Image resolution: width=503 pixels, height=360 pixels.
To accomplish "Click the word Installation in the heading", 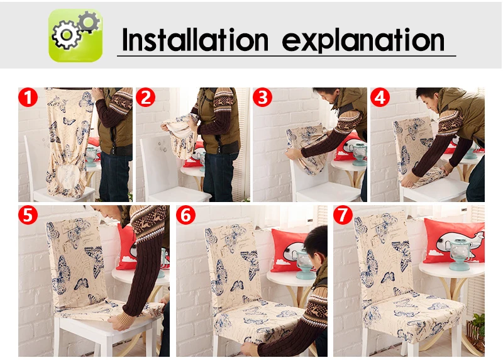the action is pyautogui.click(x=195, y=40).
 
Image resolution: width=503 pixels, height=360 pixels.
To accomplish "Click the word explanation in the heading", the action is pyautogui.click(x=363, y=40).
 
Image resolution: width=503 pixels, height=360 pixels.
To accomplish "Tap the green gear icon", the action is pyautogui.click(x=75, y=35).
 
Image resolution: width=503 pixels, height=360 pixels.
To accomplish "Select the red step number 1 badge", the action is pyautogui.click(x=28, y=98).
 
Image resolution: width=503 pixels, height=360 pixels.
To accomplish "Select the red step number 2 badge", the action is pyautogui.click(x=146, y=98).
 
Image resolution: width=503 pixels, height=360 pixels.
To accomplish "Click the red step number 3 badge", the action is pyautogui.click(x=263, y=98).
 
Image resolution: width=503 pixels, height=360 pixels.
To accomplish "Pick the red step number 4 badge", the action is pyautogui.click(x=380, y=98).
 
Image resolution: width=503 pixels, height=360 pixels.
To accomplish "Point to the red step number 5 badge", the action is pyautogui.click(x=28, y=215).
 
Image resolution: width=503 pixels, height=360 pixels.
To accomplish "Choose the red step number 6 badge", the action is pyautogui.click(x=185, y=215).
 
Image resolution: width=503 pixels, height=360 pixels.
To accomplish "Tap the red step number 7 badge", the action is pyautogui.click(x=343, y=215).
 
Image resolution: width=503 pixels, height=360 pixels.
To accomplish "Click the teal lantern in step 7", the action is pyautogui.click(x=460, y=254).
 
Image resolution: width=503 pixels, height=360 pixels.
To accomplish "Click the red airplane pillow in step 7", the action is pyautogui.click(x=454, y=241).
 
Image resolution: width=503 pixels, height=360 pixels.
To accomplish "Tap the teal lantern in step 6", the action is pyautogui.click(x=304, y=262).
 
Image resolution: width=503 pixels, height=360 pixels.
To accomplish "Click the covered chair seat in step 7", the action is pyautogui.click(x=414, y=317).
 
